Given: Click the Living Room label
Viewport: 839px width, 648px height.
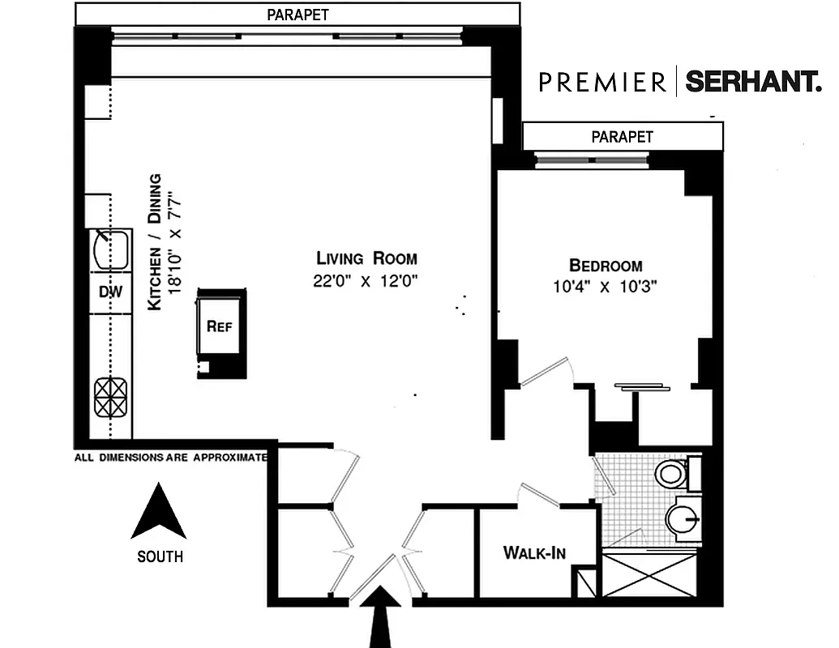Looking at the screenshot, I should point(366,258).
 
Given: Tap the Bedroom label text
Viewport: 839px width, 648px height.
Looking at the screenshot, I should point(606,265).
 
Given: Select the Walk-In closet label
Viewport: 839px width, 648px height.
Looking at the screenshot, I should point(534,553).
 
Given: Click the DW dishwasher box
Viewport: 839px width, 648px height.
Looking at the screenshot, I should point(110,292).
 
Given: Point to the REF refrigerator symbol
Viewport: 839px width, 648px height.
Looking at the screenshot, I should point(220,327).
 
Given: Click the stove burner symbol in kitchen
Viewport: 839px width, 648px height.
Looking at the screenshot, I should point(112,398).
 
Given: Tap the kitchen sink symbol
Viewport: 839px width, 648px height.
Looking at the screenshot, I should point(111,249).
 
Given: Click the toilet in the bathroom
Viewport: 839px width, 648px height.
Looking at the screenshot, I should point(671,473).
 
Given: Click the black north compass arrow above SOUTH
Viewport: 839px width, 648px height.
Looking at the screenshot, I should point(159,513).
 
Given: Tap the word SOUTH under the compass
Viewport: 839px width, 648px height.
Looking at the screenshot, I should point(160,556).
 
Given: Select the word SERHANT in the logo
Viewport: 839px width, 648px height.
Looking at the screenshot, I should point(753,82).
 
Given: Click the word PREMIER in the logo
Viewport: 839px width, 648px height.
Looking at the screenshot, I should point(603,82).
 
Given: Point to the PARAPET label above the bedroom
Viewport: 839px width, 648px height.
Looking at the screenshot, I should point(622,137).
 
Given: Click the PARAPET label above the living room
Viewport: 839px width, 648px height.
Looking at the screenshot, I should point(298,14).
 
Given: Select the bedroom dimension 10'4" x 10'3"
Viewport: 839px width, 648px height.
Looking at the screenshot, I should point(606,286).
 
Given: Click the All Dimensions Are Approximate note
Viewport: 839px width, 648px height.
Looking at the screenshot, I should point(170,458).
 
